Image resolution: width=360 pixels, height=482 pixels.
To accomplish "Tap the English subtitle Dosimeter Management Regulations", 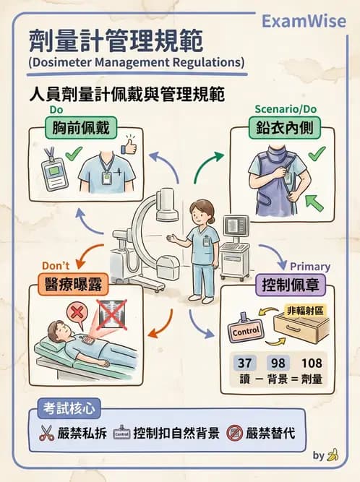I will [x=137, y=63].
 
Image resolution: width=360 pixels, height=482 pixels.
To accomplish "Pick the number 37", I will [x=243, y=363].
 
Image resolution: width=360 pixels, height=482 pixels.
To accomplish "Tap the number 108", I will [x=312, y=363].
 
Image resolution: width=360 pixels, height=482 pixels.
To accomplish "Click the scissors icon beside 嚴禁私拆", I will [x=48, y=435].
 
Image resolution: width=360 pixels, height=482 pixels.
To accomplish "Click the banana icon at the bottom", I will [x=333, y=455].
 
